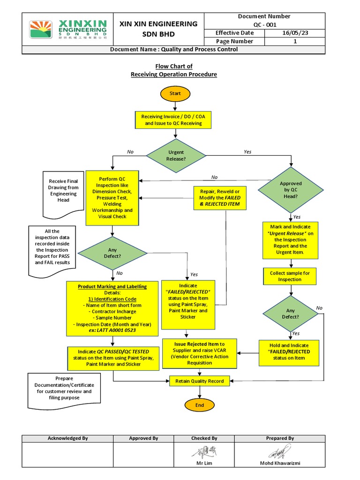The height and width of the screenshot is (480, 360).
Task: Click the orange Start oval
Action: [175, 93]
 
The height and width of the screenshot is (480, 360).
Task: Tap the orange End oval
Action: [200, 405]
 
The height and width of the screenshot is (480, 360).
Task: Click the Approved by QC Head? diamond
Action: [291, 190]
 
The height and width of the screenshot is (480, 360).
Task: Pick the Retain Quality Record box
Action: [199, 381]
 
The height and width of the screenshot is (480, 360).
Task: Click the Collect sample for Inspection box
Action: [289, 276]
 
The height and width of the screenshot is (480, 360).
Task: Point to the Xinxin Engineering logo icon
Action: [41, 30]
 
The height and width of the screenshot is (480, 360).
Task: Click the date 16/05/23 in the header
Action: [295, 33]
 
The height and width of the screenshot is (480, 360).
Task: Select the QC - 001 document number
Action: [264, 24]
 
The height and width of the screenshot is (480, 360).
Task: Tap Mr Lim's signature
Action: [204, 452]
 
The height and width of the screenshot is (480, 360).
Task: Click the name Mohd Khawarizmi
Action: [280, 464]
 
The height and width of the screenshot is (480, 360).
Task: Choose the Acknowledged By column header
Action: [68, 438]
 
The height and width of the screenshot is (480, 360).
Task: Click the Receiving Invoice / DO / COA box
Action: [173, 120]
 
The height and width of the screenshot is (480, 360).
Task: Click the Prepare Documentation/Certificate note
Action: [64, 388]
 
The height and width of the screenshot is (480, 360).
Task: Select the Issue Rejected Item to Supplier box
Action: [200, 353]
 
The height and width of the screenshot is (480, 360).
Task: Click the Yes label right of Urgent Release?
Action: [247, 152]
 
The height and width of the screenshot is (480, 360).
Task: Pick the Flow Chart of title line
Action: [174, 66]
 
